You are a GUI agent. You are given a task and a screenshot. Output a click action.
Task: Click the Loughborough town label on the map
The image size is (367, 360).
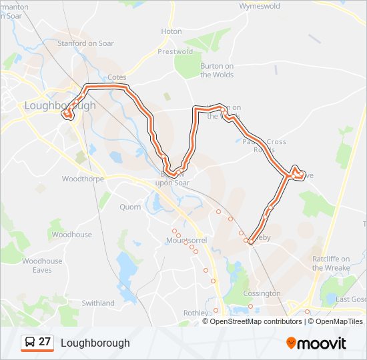click(60, 105)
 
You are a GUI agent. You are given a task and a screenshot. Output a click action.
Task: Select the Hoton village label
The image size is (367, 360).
click(171, 31)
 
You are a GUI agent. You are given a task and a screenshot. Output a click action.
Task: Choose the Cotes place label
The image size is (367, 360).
click(117, 77)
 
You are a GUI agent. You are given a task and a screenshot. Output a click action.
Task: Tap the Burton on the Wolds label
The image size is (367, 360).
click(217, 70)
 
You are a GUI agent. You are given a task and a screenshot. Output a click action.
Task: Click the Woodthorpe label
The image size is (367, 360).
click(81, 179)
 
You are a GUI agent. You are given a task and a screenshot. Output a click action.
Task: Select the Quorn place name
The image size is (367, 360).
click(130, 207)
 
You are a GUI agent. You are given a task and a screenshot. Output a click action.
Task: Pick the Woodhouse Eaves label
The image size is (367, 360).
click(42, 265)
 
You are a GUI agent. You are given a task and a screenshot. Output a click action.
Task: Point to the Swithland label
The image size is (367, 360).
click(98, 303)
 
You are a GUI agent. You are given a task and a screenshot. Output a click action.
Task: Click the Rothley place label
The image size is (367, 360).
click(196, 313)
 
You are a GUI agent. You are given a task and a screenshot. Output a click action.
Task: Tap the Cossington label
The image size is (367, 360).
click(262, 293)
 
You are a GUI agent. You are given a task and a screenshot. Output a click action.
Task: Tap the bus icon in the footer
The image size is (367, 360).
click(29, 343)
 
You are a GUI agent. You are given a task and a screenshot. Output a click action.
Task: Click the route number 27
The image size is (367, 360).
click(45, 342)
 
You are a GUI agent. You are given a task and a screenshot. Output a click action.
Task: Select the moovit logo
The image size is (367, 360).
click(316, 343)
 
